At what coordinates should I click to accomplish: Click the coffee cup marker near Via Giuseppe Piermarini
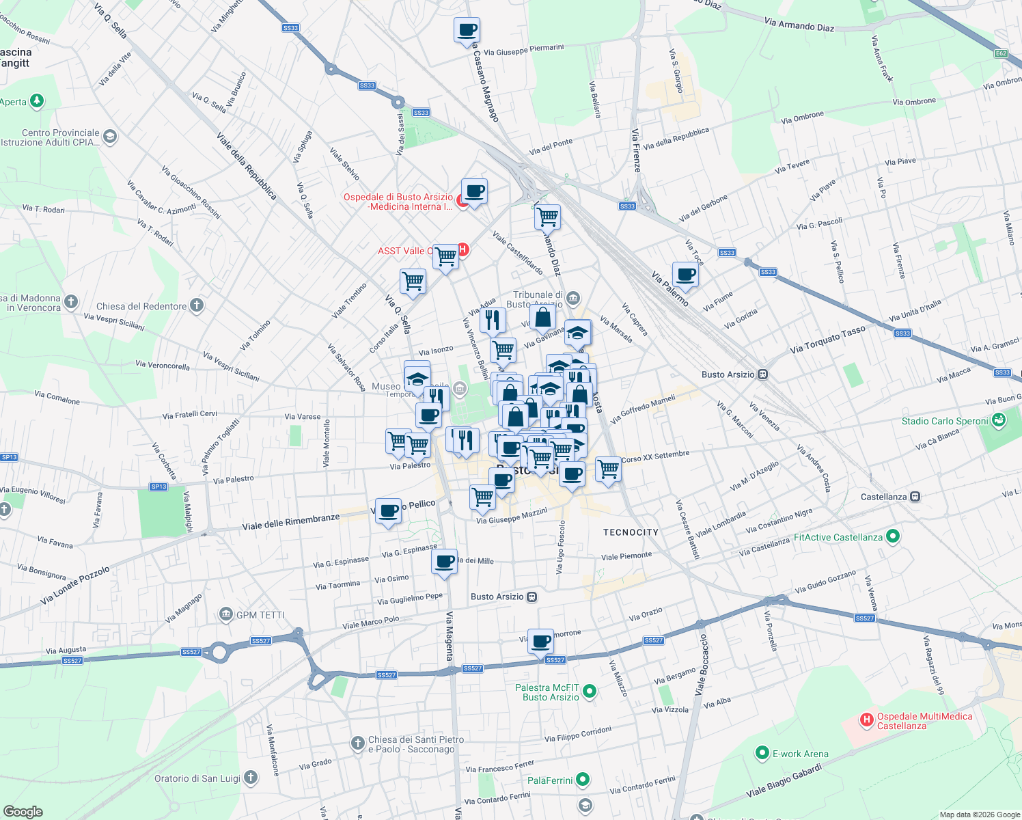coord(467,31)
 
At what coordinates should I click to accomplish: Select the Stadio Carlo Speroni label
coord(945,421)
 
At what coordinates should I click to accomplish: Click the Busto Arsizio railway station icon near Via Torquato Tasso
coord(763,374)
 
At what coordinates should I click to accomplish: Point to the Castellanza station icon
coord(915,497)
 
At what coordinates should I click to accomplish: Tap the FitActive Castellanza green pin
coord(892,536)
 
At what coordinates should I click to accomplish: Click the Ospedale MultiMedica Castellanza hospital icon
coord(866,720)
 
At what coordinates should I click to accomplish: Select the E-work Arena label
coord(800,754)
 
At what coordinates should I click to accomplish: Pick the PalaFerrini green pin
coord(583,779)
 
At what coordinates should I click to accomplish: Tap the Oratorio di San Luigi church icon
coord(251,777)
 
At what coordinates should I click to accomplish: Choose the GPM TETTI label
coord(260,615)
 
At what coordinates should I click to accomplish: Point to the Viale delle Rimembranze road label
coord(291,522)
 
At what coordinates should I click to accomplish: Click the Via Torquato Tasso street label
coord(827,339)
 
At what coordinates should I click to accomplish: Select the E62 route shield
coord(1001,53)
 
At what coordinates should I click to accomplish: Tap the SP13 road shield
coord(9,457)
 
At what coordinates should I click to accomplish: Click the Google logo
coord(23,811)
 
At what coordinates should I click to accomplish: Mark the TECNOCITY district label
coord(631,532)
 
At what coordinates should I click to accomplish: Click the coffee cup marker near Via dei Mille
coord(445,562)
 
